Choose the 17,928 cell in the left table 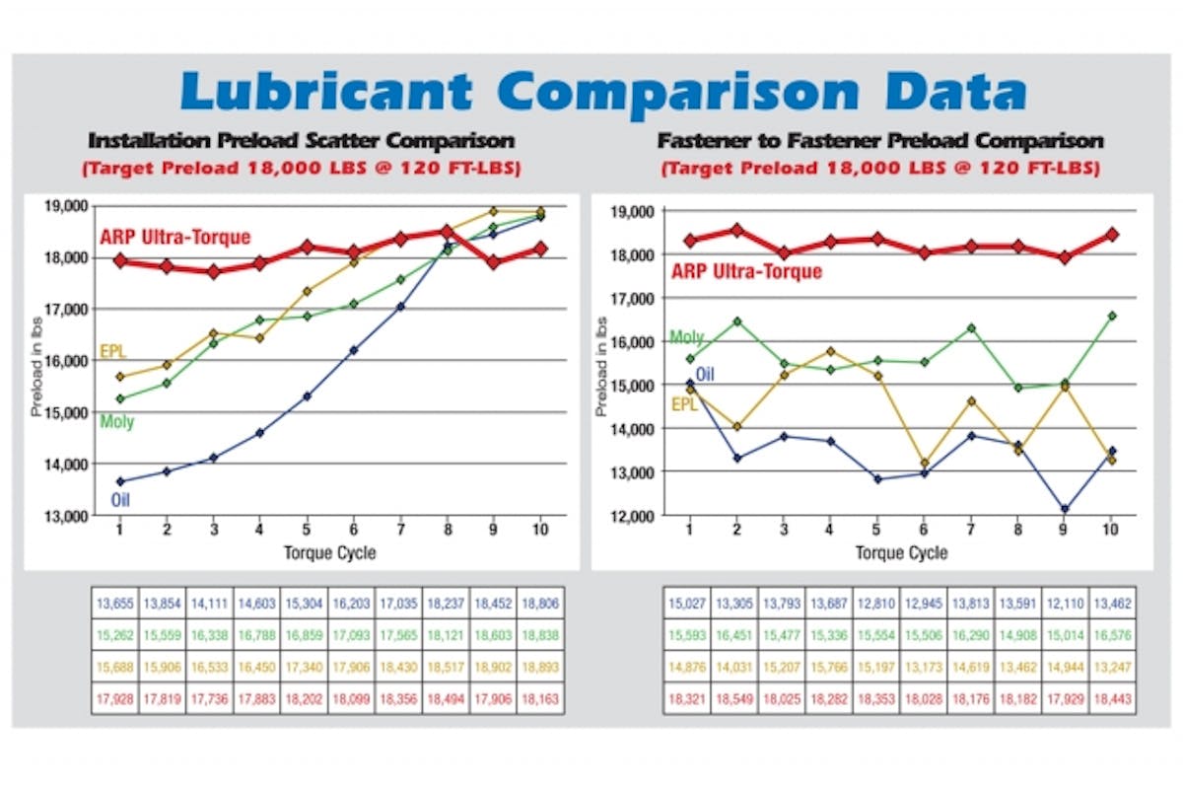tap(114, 695)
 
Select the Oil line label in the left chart tap(120, 499)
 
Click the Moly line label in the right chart tap(687, 337)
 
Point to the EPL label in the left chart tap(112, 351)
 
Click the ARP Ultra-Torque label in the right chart tap(746, 271)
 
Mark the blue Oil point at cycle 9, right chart tap(1065, 510)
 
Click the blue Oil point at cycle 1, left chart tap(120, 481)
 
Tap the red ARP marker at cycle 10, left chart tap(540, 249)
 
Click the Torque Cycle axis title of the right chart tap(901, 552)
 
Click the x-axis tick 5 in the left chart tap(307, 531)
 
